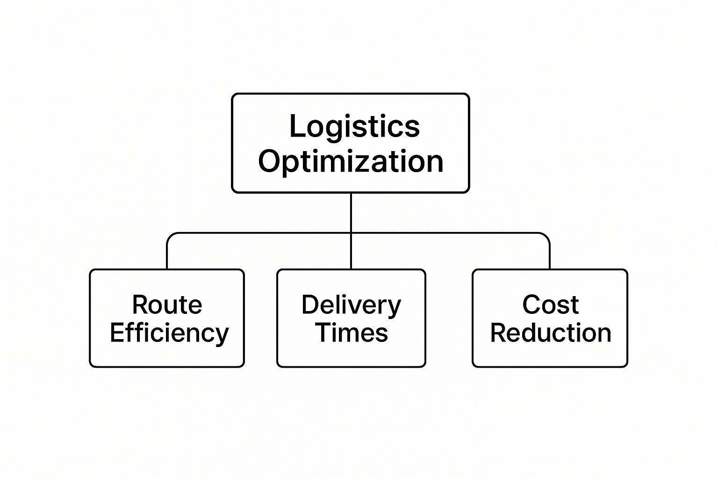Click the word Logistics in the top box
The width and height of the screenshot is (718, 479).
354,126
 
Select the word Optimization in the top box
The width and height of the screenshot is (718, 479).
351,161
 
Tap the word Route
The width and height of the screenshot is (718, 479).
167,305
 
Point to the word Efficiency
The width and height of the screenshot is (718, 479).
169,333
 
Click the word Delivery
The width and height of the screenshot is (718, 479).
351,305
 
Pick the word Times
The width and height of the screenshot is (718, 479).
352,333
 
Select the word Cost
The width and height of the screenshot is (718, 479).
550,305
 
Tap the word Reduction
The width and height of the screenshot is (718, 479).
550,333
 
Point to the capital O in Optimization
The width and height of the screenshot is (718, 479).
271,161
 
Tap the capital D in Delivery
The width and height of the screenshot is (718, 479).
310,305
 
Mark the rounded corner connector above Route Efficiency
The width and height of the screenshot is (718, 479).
171,237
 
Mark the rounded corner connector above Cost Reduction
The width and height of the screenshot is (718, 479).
546,237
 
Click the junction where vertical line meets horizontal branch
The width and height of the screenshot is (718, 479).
351,233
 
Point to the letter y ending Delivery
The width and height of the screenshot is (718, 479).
395,308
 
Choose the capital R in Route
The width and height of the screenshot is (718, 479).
140,305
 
